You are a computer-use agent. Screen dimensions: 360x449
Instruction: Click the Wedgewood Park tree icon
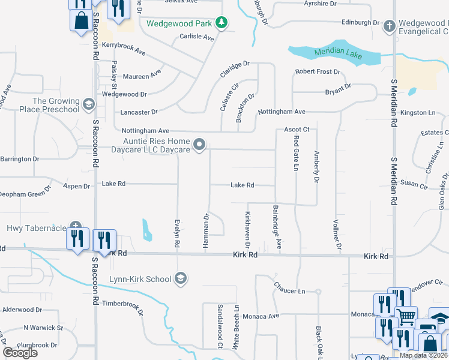(222, 23)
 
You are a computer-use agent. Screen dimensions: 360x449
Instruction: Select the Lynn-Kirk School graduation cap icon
(181, 278)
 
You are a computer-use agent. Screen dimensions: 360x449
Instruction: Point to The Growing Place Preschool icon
(89, 105)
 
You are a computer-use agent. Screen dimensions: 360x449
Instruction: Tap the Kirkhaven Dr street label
(247, 229)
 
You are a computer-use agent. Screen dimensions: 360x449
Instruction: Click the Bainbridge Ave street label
(277, 227)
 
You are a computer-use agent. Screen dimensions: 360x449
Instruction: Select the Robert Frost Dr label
(318, 72)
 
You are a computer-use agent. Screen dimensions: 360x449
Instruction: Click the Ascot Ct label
(297, 130)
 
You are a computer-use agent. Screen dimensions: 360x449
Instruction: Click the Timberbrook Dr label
(123, 307)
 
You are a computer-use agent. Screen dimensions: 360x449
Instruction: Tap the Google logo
(20, 352)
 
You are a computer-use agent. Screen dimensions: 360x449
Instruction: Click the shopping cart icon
(406, 315)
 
